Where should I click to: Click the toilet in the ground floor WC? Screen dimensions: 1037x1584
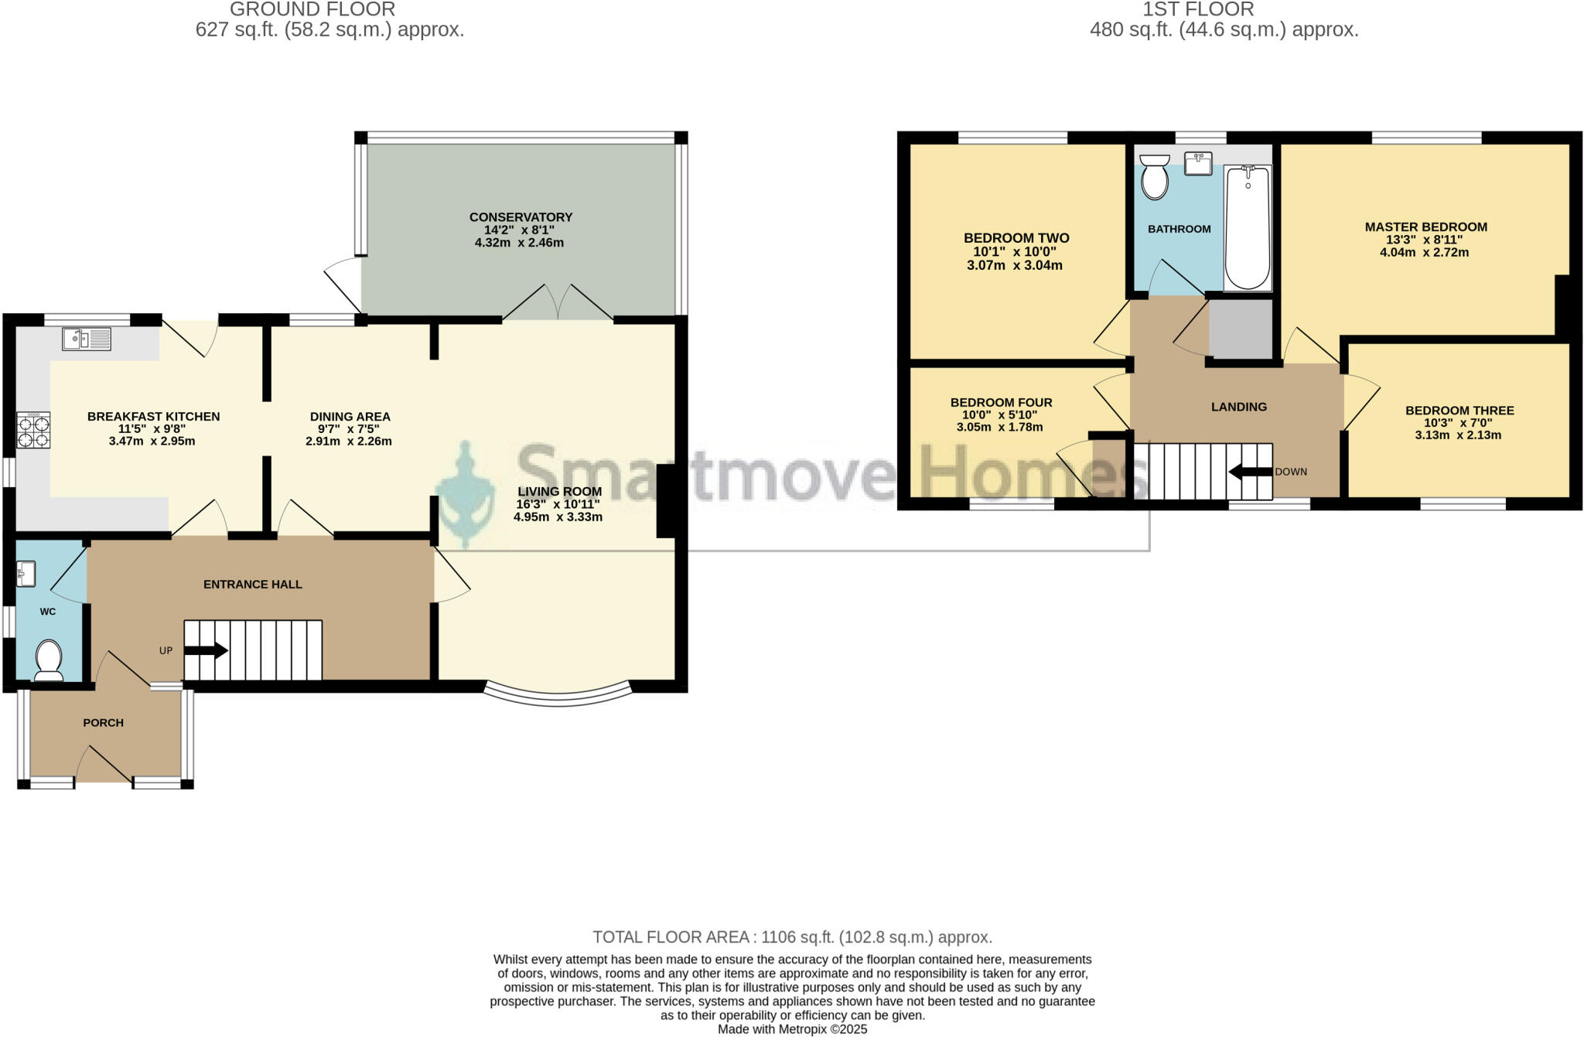(49, 659)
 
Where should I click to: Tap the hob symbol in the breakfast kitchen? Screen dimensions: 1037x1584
(34, 431)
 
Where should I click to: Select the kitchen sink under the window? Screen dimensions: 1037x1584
(87, 339)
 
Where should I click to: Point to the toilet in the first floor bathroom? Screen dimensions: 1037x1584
(1155, 177)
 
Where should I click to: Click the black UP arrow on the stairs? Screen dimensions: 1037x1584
(206, 651)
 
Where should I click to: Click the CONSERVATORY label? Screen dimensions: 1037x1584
(520, 217)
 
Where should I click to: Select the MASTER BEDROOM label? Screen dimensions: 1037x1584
(1425, 227)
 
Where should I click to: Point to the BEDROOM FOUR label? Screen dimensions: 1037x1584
(1001, 403)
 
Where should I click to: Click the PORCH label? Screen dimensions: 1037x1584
(103, 723)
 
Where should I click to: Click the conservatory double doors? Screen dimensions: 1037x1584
(558, 303)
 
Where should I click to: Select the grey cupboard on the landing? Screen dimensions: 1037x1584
(1241, 329)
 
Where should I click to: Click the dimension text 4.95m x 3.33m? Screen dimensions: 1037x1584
(558, 517)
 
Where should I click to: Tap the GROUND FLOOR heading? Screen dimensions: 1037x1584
(312, 10)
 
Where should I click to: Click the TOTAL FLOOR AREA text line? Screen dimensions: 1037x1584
(792, 937)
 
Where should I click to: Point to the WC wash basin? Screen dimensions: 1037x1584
(26, 573)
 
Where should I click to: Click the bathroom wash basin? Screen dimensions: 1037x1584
(1198, 164)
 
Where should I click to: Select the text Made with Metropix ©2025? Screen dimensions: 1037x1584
(792, 1029)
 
